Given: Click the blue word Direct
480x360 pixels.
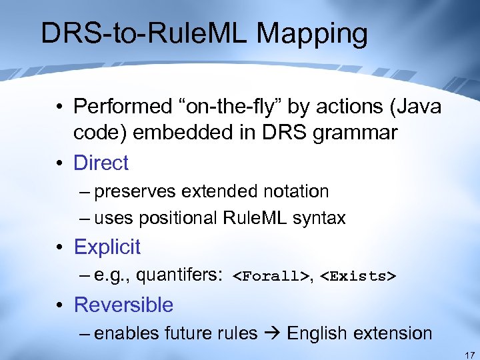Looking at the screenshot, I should tap(101, 162).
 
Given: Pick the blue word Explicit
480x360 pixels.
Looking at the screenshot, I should tap(107, 247).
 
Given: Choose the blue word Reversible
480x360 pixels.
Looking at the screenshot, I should tap(123, 305).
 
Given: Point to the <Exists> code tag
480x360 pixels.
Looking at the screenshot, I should tap(359, 276).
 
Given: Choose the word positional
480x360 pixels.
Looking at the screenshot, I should tap(187, 218).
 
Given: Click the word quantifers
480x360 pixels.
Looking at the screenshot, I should tap(179, 275).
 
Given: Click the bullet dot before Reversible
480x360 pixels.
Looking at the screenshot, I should tap(60, 305).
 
